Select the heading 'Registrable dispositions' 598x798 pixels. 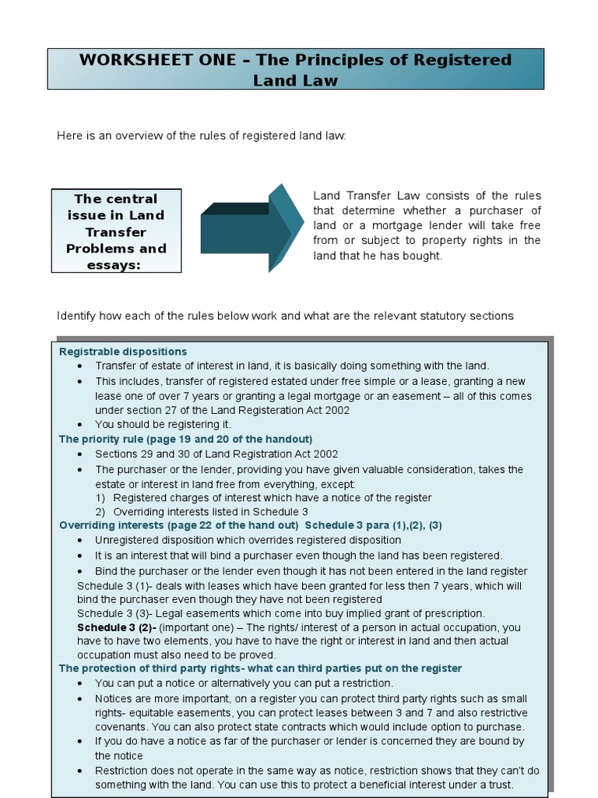[123, 351]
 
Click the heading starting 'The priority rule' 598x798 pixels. [185, 439]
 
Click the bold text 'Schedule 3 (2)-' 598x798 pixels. [117, 627]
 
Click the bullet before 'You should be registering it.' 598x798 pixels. [82, 425]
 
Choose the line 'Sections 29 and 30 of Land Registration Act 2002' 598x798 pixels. [216, 454]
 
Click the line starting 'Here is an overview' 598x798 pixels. [201, 136]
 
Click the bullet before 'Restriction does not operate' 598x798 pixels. [82, 771]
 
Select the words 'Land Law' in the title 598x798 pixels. [295, 80]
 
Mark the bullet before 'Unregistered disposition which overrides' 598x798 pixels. [82, 540]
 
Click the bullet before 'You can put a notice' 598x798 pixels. [82, 683]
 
